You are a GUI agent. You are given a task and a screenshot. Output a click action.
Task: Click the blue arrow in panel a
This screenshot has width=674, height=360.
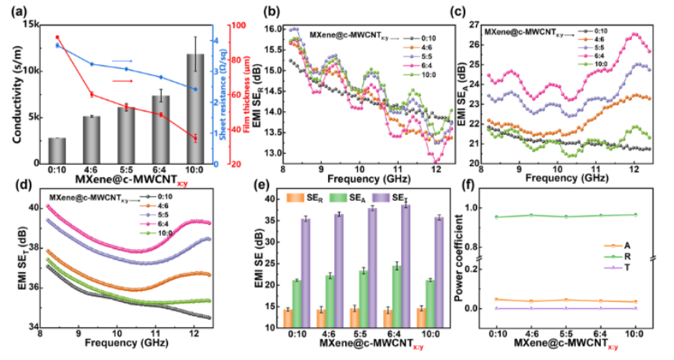coord(122,60)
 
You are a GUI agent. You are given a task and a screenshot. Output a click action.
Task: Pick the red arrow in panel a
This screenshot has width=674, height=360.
coord(122,81)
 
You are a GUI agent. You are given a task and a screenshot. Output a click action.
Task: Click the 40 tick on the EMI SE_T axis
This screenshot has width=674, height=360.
coord(33,209)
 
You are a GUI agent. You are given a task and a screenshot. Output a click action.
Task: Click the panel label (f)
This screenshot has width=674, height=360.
coord(466,188)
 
